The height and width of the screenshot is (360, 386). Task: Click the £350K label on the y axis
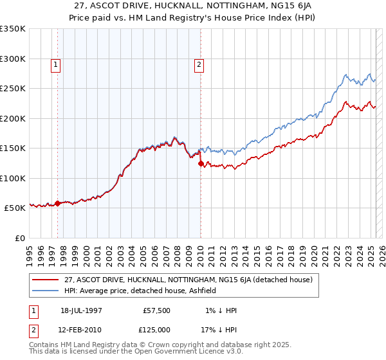[13, 29]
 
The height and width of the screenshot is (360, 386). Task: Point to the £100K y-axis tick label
[13, 178]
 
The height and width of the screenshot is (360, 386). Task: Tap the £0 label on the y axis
[19, 238]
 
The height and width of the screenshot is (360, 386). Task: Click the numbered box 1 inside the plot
[56, 64]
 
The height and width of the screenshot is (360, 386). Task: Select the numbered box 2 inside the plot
[199, 64]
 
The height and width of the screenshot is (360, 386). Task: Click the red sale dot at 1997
[58, 204]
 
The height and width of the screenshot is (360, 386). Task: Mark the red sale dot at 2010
[201, 163]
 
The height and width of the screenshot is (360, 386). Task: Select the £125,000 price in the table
[157, 329]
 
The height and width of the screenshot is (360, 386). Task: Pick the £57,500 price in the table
[157, 310]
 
